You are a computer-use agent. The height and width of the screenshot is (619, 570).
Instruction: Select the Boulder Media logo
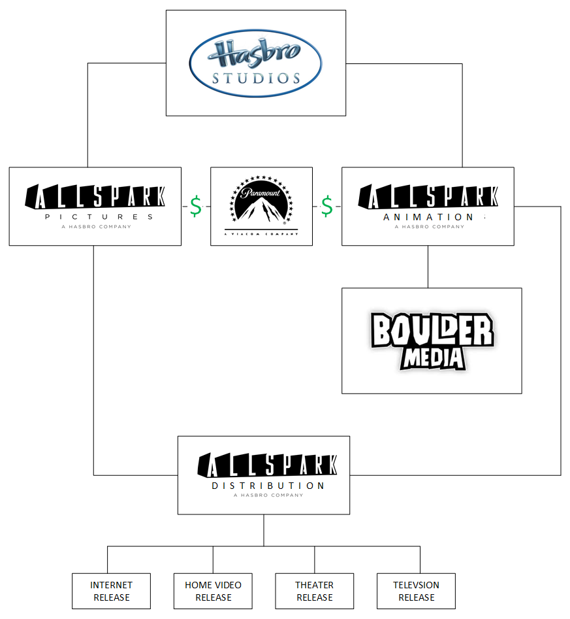point(432,341)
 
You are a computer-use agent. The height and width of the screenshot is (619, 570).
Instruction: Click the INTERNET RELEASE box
point(111,591)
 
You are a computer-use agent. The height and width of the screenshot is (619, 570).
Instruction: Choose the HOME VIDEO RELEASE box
point(213,591)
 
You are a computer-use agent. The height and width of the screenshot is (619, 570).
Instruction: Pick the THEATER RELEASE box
point(314,591)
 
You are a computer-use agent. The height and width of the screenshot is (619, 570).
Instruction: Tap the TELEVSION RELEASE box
point(416,591)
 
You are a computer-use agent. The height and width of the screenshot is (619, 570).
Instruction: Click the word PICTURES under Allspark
point(99,216)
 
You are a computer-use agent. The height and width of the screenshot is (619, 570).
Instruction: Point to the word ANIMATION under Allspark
point(428,217)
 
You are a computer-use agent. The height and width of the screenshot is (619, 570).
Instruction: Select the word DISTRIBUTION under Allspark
point(268,486)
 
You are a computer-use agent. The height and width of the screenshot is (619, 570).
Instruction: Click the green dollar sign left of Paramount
point(195,206)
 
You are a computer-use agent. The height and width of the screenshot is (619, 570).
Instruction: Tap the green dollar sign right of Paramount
point(326,206)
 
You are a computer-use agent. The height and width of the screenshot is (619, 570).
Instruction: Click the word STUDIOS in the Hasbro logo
point(256,78)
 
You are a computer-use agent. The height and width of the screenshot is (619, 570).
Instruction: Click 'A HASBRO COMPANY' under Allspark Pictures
point(96,227)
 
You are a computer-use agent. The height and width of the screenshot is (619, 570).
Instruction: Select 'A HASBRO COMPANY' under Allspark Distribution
point(268,495)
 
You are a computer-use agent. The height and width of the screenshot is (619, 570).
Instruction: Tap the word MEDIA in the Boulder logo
point(433,358)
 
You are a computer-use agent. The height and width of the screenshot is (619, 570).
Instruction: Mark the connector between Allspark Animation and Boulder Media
point(428,267)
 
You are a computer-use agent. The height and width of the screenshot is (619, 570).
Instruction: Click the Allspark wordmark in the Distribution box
point(268,465)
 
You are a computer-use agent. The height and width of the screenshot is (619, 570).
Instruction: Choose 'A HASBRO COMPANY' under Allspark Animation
point(429,227)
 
